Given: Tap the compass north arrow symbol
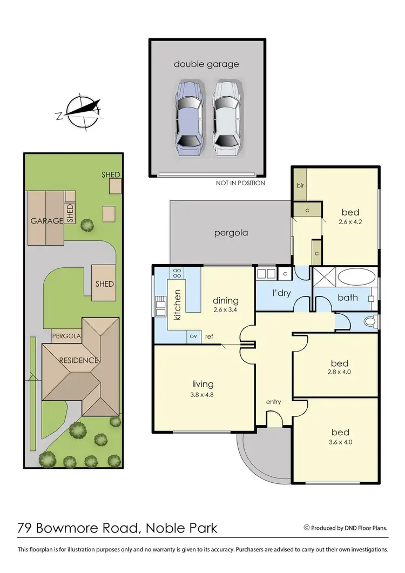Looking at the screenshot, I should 81,110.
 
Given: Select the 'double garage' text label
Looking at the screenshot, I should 206,64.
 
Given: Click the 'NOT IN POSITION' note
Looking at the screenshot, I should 240,183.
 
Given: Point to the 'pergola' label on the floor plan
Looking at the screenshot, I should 230,233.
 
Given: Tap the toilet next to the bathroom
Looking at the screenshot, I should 370,322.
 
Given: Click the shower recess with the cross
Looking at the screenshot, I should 325,279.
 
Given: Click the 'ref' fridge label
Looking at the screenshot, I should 209,337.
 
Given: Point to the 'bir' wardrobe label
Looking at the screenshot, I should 299,185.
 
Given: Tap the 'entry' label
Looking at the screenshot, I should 273,402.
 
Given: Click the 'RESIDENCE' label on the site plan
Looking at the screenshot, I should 79,360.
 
